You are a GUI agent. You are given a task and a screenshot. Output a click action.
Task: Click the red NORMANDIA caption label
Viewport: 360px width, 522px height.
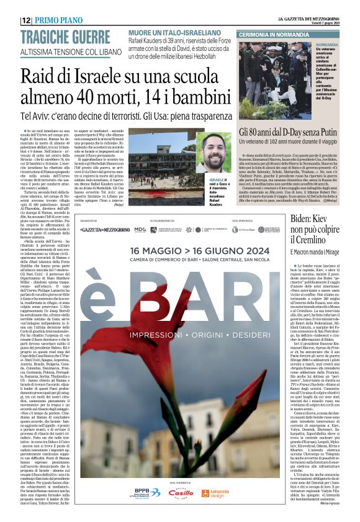point(327,45)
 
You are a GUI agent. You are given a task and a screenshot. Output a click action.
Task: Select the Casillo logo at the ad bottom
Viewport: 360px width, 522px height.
point(181,492)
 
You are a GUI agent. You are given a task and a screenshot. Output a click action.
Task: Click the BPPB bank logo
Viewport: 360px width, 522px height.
point(148,492)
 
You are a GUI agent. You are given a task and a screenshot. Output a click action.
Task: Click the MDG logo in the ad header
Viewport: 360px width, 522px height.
point(140,229)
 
